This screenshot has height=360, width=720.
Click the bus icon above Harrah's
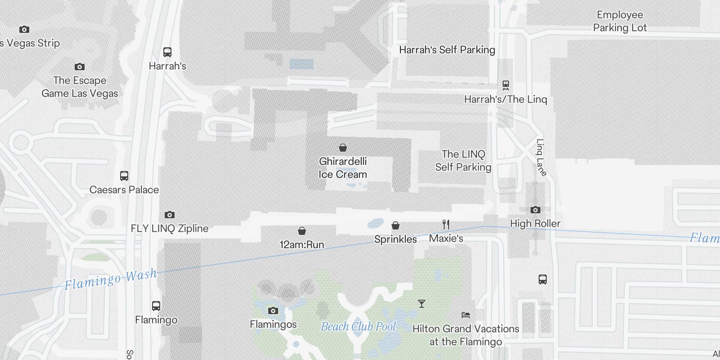(167, 52)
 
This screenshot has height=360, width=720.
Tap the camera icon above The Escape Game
(80, 67)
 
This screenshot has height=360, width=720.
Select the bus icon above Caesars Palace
(124, 176)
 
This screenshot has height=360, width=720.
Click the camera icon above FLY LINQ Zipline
(170, 215)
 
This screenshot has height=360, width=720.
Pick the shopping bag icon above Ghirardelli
(343, 148)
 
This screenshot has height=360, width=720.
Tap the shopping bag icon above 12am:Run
(302, 231)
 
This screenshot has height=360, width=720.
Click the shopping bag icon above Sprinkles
(396, 225)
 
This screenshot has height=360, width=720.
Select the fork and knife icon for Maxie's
(446, 225)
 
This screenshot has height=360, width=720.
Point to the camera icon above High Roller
(535, 210)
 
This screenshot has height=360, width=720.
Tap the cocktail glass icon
(422, 304)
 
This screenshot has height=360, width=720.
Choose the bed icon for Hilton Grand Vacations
(466, 315)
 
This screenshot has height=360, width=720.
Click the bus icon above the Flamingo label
(156, 306)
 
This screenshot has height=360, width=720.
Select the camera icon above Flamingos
(273, 310)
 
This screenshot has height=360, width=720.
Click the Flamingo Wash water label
(111, 279)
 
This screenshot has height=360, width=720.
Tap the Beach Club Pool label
(358, 326)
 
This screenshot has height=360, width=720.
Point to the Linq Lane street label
(541, 157)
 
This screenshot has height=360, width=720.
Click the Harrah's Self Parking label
(447, 50)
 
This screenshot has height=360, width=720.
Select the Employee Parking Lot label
(620, 21)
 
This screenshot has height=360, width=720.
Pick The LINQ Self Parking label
(463, 161)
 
